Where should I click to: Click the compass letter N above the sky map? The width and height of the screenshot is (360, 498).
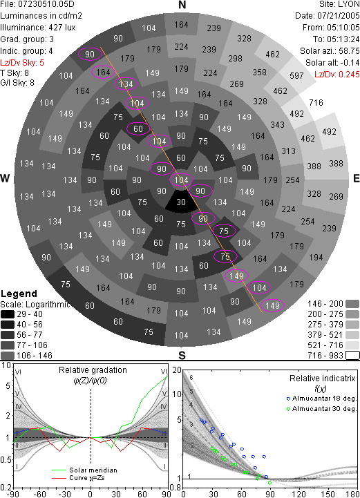pos(182,5)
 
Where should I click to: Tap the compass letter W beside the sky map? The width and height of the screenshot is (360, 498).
pos(5,178)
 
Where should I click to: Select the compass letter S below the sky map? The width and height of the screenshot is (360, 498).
pos(182,355)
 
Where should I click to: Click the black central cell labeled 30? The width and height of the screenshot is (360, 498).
pos(181,202)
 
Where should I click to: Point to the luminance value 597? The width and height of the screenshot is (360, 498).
pos(296,75)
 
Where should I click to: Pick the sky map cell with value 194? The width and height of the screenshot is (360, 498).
pos(316,257)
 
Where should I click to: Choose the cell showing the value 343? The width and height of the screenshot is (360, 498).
pos(277,124)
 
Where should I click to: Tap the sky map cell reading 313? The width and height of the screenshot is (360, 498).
pos(289,151)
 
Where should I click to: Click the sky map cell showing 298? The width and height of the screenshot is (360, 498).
pos(235,59)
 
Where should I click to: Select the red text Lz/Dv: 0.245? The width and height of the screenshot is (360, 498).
pos(337,75)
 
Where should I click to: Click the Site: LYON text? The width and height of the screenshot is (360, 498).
pos(339,4)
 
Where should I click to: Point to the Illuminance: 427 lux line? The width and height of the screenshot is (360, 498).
pos(38,28)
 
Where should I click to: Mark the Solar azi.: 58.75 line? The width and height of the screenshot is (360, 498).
pos(330,51)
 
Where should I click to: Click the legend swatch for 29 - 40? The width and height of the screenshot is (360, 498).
pos(8,314)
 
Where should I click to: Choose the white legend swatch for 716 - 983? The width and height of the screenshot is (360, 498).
pos(352,355)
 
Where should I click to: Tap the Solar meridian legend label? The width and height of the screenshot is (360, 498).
pos(93,470)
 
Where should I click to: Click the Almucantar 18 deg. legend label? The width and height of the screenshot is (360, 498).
pos(324,399)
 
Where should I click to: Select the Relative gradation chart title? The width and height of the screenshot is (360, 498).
pos(93,370)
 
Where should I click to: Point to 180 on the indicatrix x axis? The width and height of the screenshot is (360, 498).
pos(352,494)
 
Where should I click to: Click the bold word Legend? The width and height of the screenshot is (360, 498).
pos(19,294)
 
